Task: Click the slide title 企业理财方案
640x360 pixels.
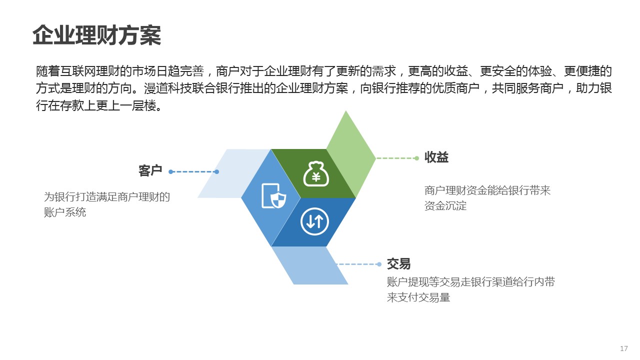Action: click(97, 35)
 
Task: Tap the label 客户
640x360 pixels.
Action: click(150, 171)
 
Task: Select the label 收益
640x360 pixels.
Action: click(436, 157)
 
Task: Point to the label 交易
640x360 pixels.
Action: click(398, 263)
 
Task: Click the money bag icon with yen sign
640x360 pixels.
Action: click(315, 174)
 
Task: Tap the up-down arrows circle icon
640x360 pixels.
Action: click(314, 221)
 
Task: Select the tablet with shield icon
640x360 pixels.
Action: click(273, 196)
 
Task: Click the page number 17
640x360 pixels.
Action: click(624, 348)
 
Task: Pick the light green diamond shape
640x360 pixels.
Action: click(351, 154)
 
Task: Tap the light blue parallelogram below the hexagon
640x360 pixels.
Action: click(309, 265)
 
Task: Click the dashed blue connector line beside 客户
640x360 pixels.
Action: click(193, 171)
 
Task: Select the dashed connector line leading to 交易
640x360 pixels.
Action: click(358, 264)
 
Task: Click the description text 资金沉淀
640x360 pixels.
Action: click(445, 205)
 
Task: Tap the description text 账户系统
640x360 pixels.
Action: click(65, 212)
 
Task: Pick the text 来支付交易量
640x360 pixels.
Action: click(418, 297)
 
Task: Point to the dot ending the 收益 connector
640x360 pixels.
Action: click(417, 158)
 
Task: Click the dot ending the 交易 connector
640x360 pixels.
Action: click(379, 264)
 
